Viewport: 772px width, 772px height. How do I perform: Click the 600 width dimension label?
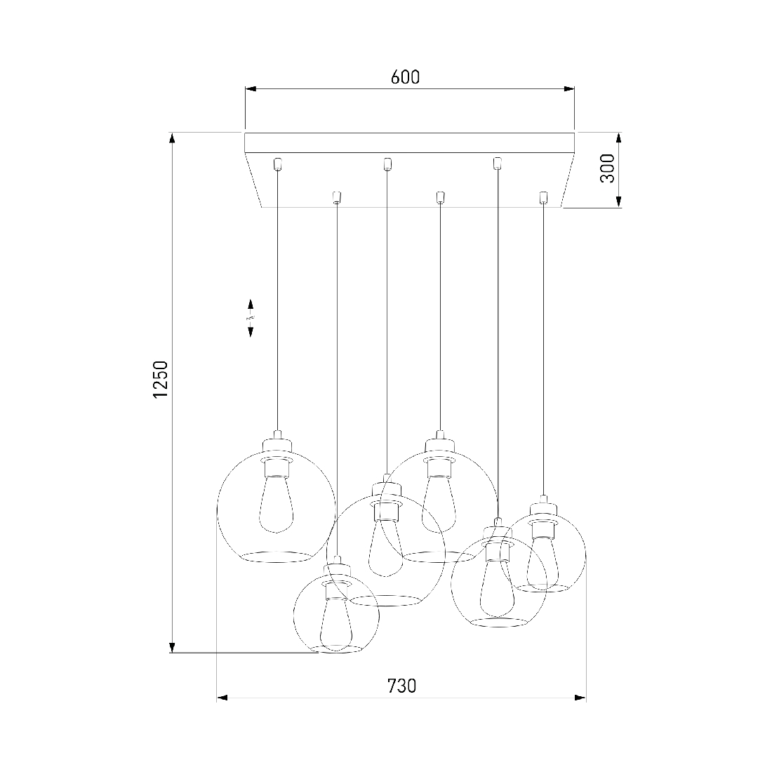coord(405,76)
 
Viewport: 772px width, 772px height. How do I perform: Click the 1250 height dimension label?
coord(161,380)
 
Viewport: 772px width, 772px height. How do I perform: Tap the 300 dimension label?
coord(608,168)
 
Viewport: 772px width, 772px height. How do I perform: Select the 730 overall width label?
coord(401,686)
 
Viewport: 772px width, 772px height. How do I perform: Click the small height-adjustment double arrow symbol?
coord(251,317)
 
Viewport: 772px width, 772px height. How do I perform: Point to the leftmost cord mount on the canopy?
coord(277,164)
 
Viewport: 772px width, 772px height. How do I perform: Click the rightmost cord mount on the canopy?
coord(543,197)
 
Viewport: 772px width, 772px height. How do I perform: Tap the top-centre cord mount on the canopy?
coord(387,164)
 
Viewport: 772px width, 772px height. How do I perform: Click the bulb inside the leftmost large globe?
coord(277,504)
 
